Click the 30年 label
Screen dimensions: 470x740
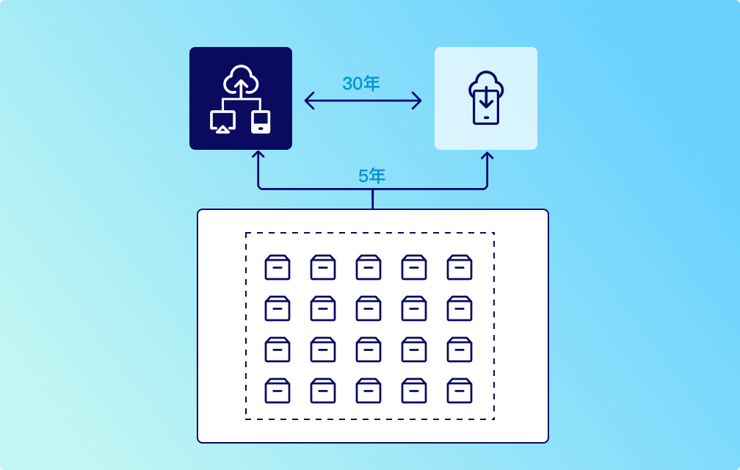click(361, 84)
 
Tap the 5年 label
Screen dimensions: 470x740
click(371, 176)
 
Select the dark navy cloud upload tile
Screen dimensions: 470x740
click(241, 98)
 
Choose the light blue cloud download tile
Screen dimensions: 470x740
click(486, 98)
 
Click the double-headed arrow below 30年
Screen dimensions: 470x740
click(363, 100)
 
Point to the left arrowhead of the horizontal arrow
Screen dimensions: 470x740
click(309, 100)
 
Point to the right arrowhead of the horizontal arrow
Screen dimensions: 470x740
click(417, 100)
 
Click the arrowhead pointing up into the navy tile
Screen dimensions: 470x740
click(258, 156)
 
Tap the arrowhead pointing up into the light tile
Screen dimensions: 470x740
click(487, 156)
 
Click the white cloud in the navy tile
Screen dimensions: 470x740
click(241, 79)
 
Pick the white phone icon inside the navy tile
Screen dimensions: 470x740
click(261, 122)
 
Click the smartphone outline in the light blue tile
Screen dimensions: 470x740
click(486, 107)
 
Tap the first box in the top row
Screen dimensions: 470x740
click(277, 267)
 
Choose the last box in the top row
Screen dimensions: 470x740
click(460, 267)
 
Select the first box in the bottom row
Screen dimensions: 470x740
click(277, 391)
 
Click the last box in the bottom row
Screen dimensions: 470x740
click(460, 391)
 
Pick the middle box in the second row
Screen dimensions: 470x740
click(369, 308)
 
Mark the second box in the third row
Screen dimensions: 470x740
click(323, 350)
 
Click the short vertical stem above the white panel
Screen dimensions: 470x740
click(372, 200)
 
